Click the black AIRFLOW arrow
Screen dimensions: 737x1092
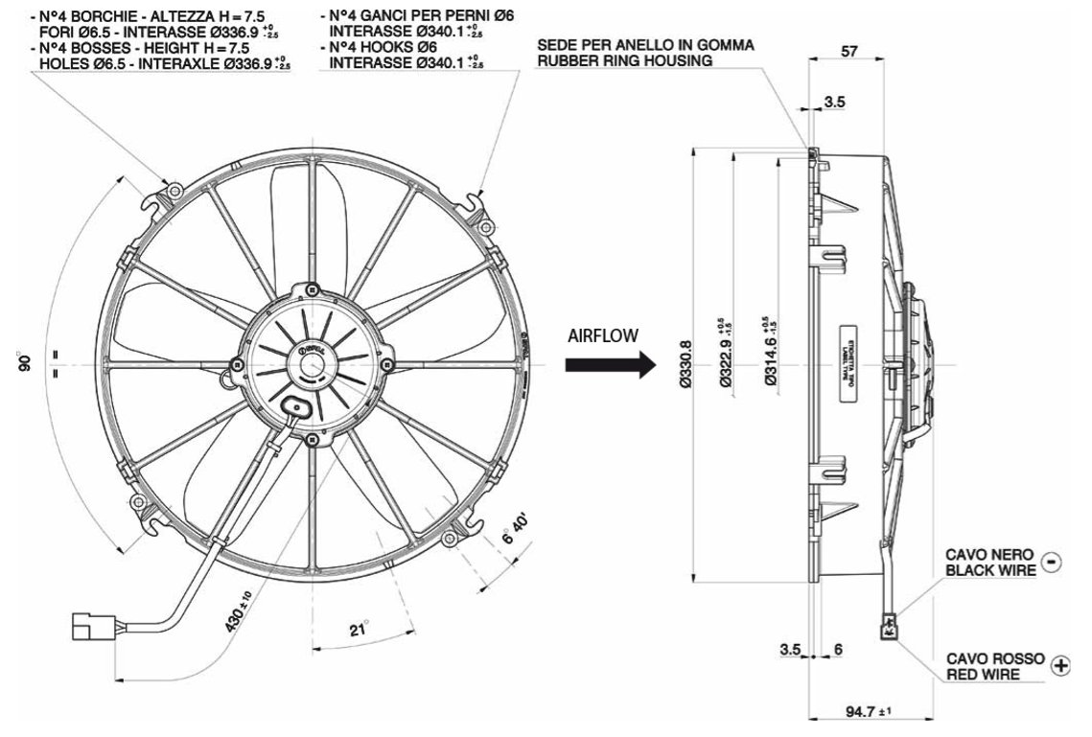click(x=610, y=365)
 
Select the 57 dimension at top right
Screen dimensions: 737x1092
click(x=848, y=53)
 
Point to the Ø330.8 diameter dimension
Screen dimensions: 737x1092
click(x=684, y=365)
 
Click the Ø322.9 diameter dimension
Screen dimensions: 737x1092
click(x=726, y=357)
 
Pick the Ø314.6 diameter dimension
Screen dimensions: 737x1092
click(x=773, y=357)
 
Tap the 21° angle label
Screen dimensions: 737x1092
click(x=359, y=630)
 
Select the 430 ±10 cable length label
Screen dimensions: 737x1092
click(x=235, y=610)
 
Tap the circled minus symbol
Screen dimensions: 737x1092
click(x=1052, y=561)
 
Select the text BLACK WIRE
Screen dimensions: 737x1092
click(x=991, y=570)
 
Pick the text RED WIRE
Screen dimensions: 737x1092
click(x=982, y=674)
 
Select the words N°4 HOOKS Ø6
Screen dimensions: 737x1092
click(x=383, y=47)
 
